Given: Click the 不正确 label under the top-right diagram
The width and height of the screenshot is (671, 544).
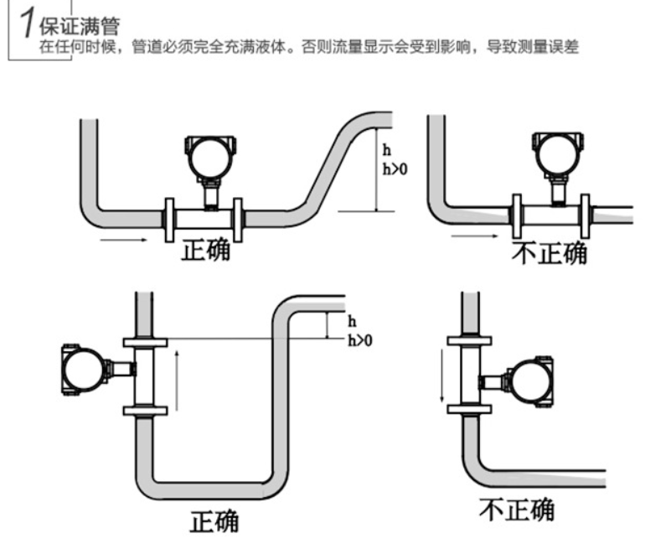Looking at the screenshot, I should point(550,251).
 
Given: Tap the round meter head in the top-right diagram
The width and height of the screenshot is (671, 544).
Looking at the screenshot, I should point(556,156).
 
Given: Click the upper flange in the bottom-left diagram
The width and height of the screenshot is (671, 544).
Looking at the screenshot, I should point(144,341).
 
